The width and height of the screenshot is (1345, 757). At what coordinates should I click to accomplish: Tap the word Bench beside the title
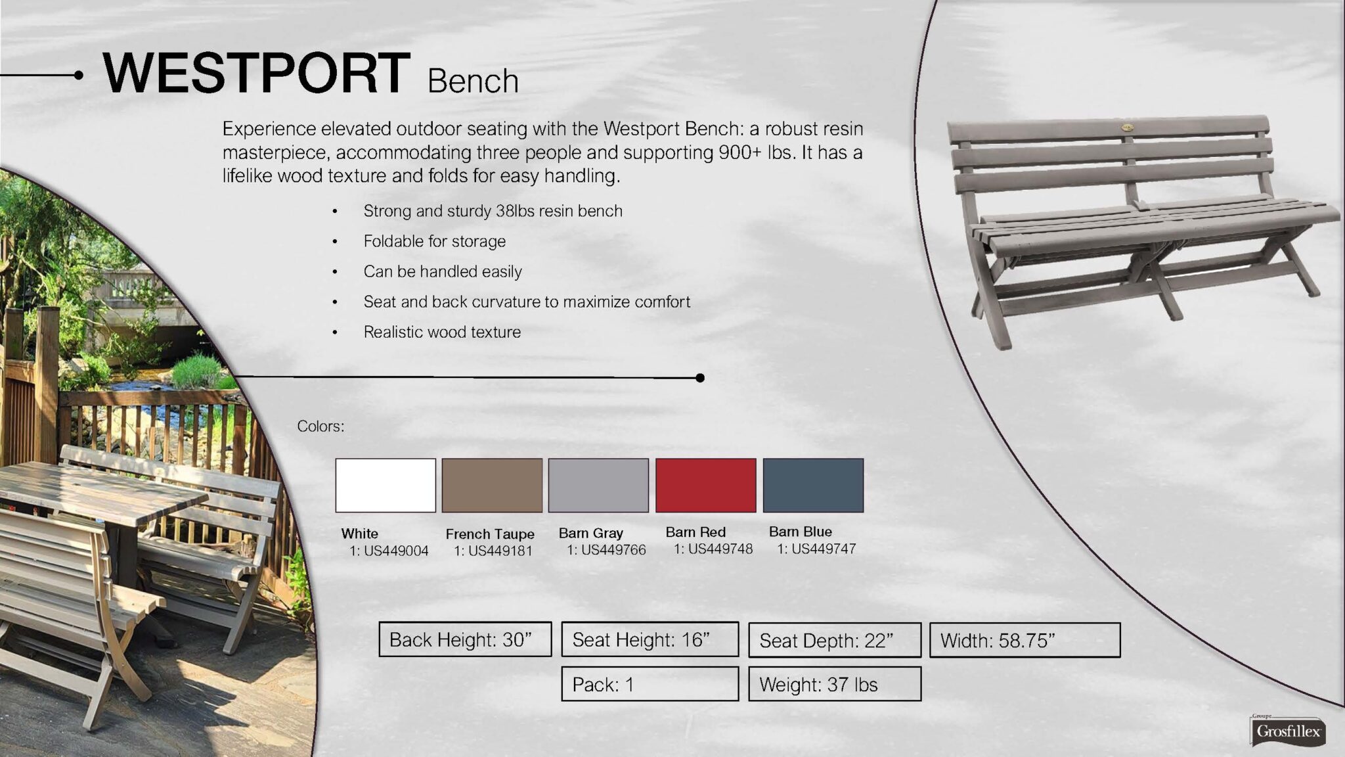point(473,81)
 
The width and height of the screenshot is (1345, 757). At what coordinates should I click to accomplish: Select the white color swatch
point(386,486)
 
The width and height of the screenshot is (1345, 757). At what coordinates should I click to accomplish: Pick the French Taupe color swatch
point(492,486)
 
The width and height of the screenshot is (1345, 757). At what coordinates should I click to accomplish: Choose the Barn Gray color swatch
point(598,486)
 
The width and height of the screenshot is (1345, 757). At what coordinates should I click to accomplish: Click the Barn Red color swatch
point(706,486)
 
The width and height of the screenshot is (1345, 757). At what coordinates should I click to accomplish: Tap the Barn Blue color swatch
point(813,486)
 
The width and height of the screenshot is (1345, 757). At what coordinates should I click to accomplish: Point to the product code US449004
point(396,551)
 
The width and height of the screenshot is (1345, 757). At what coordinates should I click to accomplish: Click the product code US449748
point(720,549)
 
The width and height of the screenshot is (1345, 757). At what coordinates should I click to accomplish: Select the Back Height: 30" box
point(465,639)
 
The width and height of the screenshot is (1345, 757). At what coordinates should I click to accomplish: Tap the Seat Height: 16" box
point(650,639)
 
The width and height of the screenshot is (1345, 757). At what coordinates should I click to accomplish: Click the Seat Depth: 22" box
point(835,640)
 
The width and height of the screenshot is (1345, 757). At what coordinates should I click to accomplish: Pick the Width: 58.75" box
point(1025,640)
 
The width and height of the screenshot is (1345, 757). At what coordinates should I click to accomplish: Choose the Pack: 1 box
point(650,684)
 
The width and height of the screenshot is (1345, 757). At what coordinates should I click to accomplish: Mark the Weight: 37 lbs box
point(835,684)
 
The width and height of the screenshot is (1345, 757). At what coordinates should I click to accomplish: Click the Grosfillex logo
point(1287,731)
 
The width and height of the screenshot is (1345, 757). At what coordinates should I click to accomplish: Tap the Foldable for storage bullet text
point(435,241)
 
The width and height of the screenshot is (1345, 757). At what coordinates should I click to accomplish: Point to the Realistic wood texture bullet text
point(442,332)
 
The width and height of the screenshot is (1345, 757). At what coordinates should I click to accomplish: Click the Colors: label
point(320,426)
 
